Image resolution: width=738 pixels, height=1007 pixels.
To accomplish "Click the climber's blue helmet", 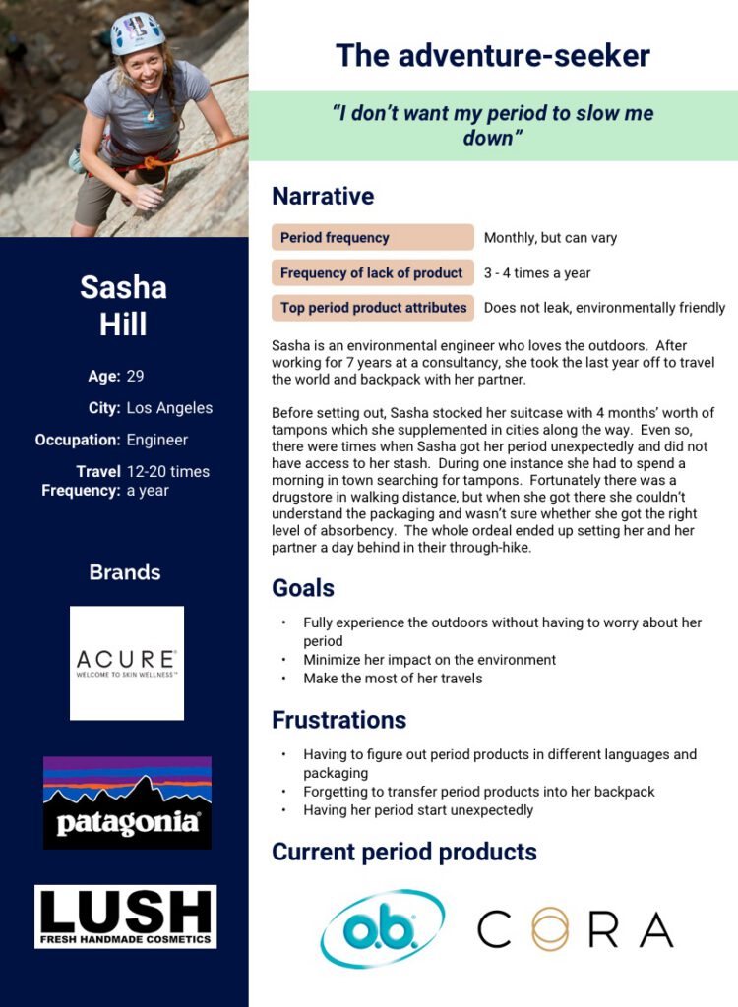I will pyautogui.click(x=136, y=32).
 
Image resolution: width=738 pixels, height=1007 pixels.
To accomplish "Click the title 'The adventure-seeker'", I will pyautogui.click(x=492, y=55).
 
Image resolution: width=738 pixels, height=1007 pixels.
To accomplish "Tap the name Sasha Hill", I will pyautogui.click(x=123, y=305).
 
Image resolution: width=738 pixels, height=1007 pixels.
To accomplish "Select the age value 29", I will pyautogui.click(x=136, y=376).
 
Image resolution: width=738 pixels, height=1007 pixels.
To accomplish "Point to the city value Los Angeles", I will pyautogui.click(x=169, y=407).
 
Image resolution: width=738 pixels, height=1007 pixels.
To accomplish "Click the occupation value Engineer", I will pyautogui.click(x=157, y=440).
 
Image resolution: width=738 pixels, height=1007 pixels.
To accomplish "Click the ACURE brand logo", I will pyautogui.click(x=127, y=662).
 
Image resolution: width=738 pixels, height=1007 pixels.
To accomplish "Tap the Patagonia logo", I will pyautogui.click(x=127, y=801).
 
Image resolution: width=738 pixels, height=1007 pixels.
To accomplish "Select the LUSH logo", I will pyautogui.click(x=125, y=916).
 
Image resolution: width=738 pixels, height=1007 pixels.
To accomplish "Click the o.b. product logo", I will pyautogui.click(x=382, y=928).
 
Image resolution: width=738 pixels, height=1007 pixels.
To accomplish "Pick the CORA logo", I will pyautogui.click(x=575, y=928).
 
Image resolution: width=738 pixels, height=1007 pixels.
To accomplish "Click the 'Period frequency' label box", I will pyautogui.click(x=372, y=237).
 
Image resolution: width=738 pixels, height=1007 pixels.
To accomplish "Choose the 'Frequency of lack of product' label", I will pyautogui.click(x=372, y=272).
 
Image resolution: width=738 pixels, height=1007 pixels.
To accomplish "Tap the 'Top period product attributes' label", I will pyautogui.click(x=372, y=308).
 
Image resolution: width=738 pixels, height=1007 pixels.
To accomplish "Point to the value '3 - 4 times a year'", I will pyautogui.click(x=537, y=272).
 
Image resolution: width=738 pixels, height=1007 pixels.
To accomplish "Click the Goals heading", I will pyautogui.click(x=303, y=588).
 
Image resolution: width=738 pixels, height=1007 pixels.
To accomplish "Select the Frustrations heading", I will pyautogui.click(x=338, y=720).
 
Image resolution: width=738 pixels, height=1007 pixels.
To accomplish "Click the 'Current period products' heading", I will pyautogui.click(x=404, y=852).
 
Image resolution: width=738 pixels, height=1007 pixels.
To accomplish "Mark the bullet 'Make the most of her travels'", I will pyautogui.click(x=393, y=679).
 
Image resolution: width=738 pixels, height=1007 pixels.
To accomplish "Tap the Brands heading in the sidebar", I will pyautogui.click(x=125, y=572).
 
